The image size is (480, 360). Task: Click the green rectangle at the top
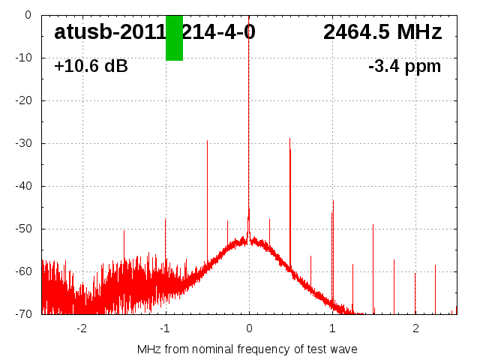coord(174,37)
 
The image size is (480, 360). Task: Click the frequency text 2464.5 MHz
coord(382,32)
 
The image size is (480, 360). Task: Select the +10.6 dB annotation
coord(91,67)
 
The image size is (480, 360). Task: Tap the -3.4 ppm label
coord(404,67)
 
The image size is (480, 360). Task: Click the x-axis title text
coord(247,349)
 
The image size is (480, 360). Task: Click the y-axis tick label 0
coord(28,15)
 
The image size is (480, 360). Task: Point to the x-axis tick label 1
coord(332,328)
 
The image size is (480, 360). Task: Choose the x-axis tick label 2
coord(415,328)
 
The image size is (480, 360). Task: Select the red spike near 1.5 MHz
coord(373,262)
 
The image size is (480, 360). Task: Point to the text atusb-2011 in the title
coord(109,32)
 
